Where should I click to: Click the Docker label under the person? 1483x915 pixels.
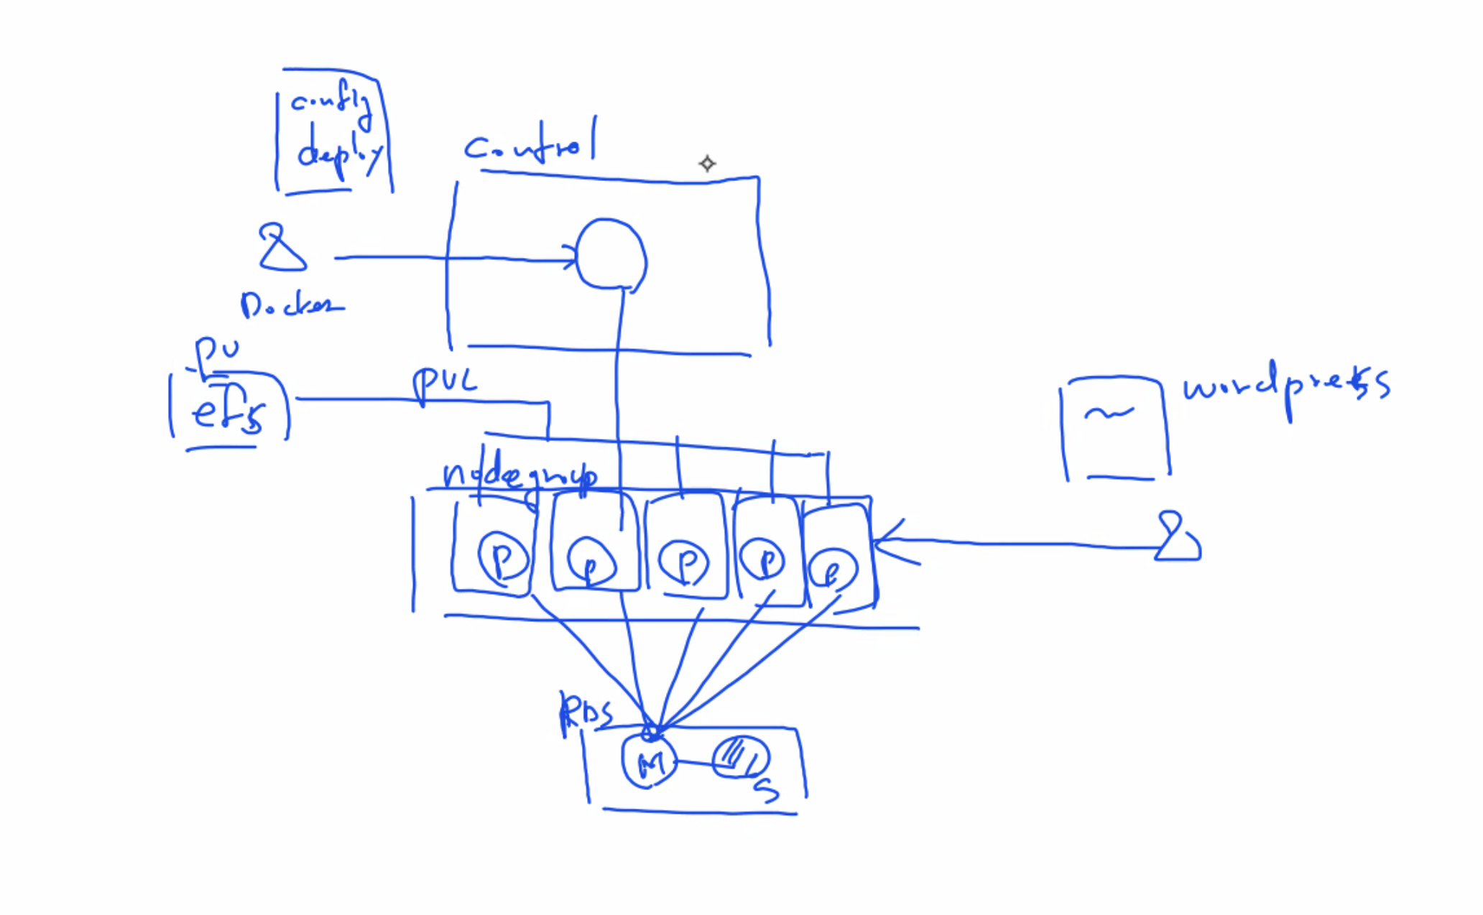(291, 305)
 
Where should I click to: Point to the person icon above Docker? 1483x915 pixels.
(281, 248)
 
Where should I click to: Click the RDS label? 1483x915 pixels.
(586, 712)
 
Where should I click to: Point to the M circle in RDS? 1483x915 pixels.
(649, 761)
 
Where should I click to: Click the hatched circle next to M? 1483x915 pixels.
(740, 757)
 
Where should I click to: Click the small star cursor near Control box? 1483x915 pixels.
(707, 164)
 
